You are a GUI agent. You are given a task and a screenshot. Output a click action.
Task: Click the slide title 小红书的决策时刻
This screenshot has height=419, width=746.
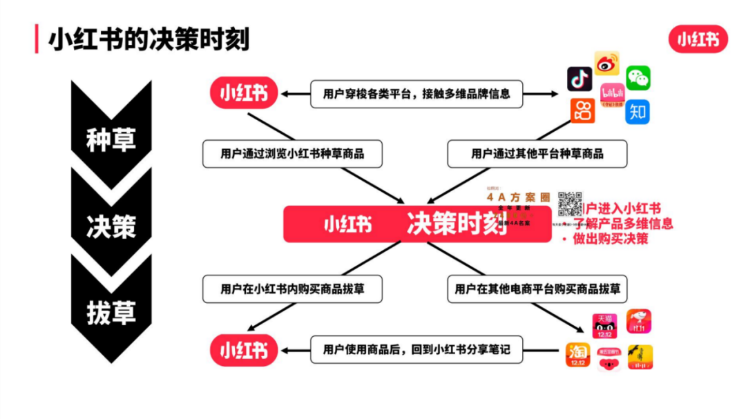(148, 39)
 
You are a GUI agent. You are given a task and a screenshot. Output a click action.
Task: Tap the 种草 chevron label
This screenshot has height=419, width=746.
(111, 139)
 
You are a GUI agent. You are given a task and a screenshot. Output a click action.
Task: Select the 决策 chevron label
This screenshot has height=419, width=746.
(111, 226)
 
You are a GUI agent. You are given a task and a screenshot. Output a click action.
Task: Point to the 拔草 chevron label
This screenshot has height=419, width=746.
(111, 312)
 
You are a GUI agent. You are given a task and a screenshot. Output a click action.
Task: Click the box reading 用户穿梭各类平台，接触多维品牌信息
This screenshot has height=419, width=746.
(417, 93)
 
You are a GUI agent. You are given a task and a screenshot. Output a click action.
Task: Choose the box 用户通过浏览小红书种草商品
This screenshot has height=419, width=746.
(292, 154)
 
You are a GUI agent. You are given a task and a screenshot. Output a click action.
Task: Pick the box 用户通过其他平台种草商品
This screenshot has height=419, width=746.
(537, 154)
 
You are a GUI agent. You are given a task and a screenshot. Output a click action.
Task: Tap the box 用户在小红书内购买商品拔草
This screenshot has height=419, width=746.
(292, 289)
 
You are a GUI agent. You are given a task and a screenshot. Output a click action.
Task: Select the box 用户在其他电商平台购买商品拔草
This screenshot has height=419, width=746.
(537, 289)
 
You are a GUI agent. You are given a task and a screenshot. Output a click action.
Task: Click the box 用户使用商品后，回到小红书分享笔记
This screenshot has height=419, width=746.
(417, 350)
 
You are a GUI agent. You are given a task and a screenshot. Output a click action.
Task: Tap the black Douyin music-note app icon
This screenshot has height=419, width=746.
(580, 79)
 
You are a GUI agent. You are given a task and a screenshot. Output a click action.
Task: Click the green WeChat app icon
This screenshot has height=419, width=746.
(638, 78)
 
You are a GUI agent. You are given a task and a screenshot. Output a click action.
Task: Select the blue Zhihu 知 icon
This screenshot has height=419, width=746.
(638, 112)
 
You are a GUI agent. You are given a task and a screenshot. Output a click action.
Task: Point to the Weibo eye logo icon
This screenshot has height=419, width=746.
(607, 64)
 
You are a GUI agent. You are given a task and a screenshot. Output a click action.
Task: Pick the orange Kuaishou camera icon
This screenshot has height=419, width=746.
(582, 110)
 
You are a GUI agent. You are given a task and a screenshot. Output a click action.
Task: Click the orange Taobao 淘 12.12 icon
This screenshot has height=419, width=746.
(577, 355)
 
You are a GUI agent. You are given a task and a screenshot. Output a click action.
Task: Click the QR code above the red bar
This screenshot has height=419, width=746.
(571, 204)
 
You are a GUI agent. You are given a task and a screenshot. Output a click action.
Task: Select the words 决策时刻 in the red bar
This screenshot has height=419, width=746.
(457, 224)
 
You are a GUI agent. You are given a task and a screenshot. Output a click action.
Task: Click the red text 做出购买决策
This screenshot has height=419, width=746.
(610, 239)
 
